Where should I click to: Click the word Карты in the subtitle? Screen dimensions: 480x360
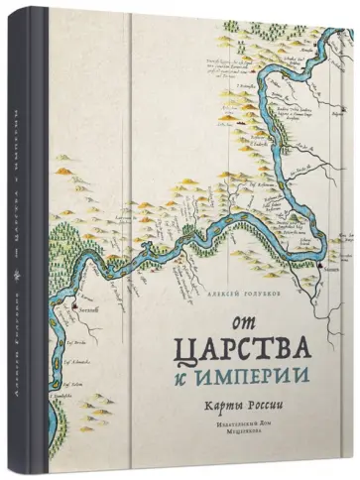pyautogui.click(x=212, y=407)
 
